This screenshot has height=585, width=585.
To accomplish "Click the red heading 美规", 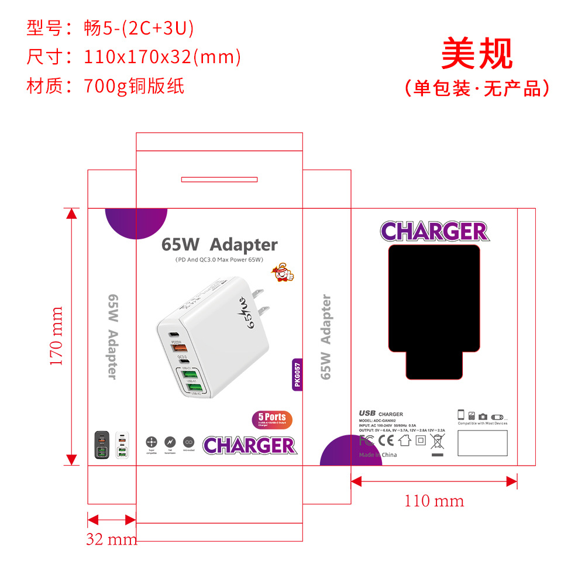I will click(477, 54).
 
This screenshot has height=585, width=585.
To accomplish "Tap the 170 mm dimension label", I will click(57, 336).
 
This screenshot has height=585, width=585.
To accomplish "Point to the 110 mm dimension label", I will click(433, 501).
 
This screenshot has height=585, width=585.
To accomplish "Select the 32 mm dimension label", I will click(111, 539).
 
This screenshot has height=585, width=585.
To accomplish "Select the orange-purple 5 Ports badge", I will click(272, 419).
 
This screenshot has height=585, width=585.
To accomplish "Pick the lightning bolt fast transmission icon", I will click(170, 442).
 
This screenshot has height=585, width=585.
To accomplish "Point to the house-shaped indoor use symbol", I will click(405, 440).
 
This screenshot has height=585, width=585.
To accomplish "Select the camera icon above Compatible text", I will click(483, 417).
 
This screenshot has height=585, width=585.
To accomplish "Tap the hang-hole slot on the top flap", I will click(219, 179).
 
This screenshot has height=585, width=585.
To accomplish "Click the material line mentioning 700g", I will click(105, 86).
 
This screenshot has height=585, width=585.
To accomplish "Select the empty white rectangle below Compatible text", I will click(483, 443).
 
